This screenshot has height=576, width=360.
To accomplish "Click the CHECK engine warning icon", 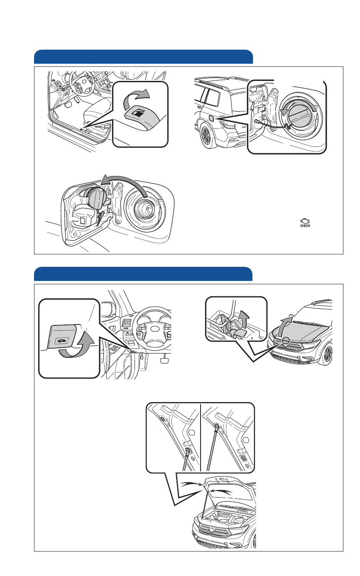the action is (x=305, y=223).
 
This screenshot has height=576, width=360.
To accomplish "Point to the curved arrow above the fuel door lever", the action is (x=136, y=98).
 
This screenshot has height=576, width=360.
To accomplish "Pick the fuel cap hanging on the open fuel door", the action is (x=94, y=196).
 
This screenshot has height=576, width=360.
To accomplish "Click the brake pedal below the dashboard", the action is (x=164, y=360).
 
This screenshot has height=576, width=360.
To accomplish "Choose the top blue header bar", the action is (x=143, y=56).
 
